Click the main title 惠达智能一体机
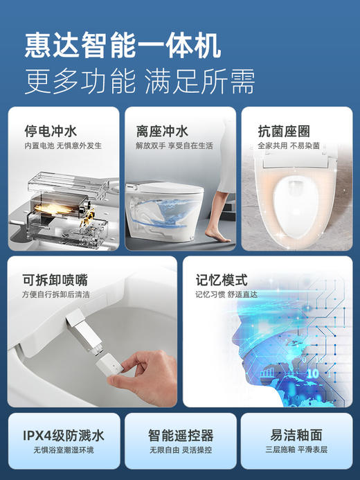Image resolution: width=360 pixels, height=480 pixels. [123, 46]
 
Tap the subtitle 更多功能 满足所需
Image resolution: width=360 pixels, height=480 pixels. [139, 81]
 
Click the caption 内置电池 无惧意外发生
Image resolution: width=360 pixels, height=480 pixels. [63, 146]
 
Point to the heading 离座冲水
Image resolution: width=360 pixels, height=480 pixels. [162, 130]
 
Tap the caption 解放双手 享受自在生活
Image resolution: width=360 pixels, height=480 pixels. [174, 146]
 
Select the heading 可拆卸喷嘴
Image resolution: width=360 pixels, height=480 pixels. [56, 281]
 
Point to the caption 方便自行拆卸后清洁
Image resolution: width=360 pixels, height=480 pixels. [66, 294]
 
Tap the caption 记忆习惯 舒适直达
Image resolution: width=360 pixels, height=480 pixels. [226, 294]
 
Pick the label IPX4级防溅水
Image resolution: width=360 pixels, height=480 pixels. [63, 435]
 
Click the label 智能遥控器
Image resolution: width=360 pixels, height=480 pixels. [181, 436]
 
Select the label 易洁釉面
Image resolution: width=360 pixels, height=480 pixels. [296, 435]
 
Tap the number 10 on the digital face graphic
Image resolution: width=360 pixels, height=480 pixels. [313, 373]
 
